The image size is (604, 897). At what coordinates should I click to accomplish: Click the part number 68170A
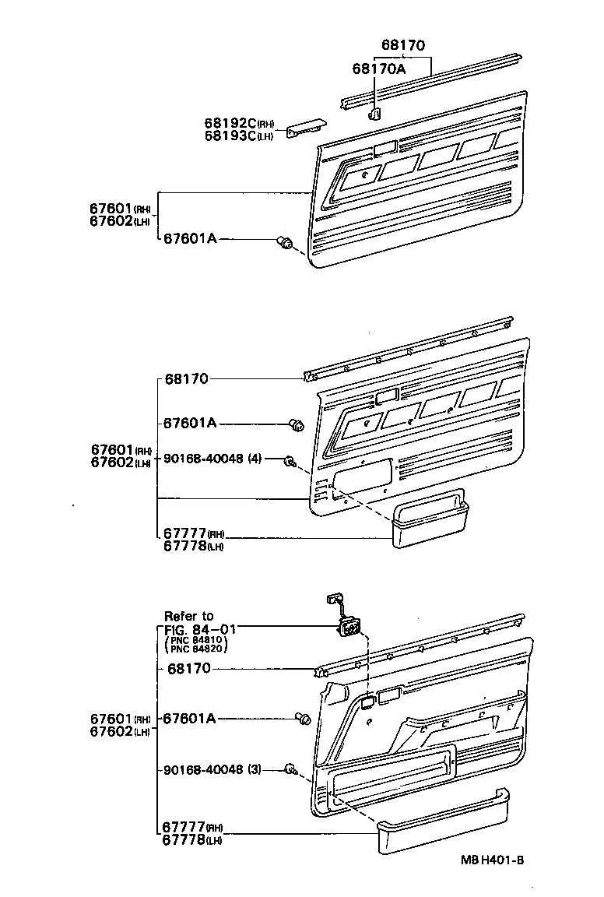(379, 69)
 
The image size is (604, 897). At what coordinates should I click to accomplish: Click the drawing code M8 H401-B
(492, 860)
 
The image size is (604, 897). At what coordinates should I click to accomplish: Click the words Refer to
(188, 616)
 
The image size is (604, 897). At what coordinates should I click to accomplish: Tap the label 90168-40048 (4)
(212, 458)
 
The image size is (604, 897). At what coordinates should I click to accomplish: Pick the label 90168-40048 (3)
(212, 769)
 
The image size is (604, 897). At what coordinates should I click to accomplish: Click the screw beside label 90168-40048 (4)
(290, 460)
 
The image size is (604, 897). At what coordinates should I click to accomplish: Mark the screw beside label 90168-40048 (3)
(290, 770)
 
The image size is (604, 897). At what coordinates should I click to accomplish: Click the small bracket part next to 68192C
(305, 129)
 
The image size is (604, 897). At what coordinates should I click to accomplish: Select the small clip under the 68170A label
(374, 114)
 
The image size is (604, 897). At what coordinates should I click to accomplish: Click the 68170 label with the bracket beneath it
(404, 45)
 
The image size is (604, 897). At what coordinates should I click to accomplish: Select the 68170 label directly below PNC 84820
(188, 669)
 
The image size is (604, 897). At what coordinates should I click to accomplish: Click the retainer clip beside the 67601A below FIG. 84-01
(303, 719)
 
